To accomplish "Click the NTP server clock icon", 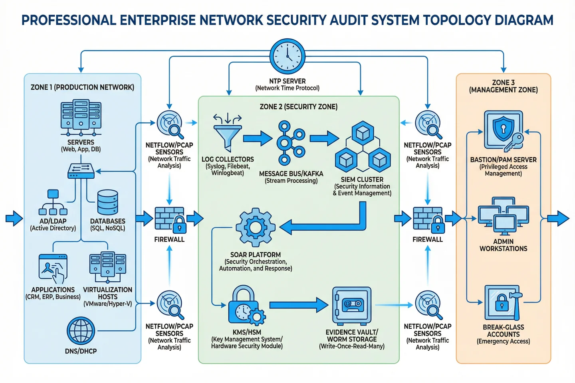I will click(287, 56).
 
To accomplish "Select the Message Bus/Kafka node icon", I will click(291, 143).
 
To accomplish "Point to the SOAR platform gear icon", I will click(256, 227).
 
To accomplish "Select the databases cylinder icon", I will click(108, 202).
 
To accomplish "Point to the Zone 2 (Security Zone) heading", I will click(299, 107).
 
